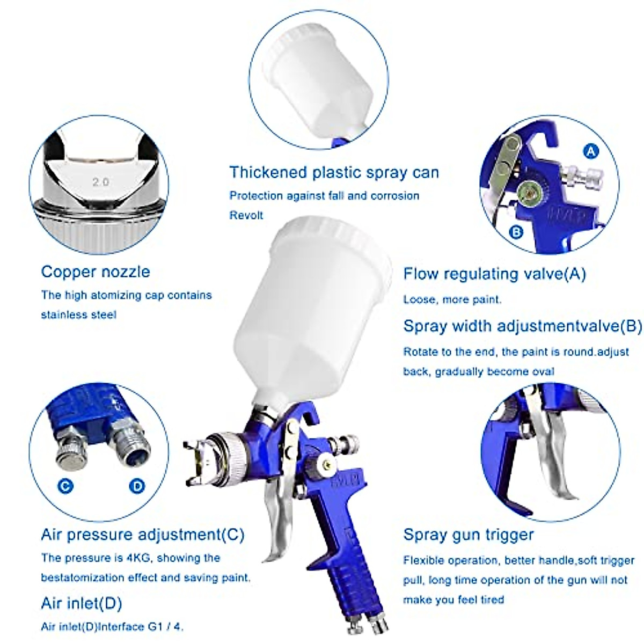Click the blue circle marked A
591,151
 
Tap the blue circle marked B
516,232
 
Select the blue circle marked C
65,486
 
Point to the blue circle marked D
137,486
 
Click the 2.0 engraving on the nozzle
100,182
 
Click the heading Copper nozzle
96,272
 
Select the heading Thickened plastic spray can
334,172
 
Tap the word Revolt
246,215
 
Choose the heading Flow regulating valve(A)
494,274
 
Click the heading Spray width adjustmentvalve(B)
522,326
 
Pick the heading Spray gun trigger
469,535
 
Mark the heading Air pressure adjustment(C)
142,535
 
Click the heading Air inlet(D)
82,603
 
